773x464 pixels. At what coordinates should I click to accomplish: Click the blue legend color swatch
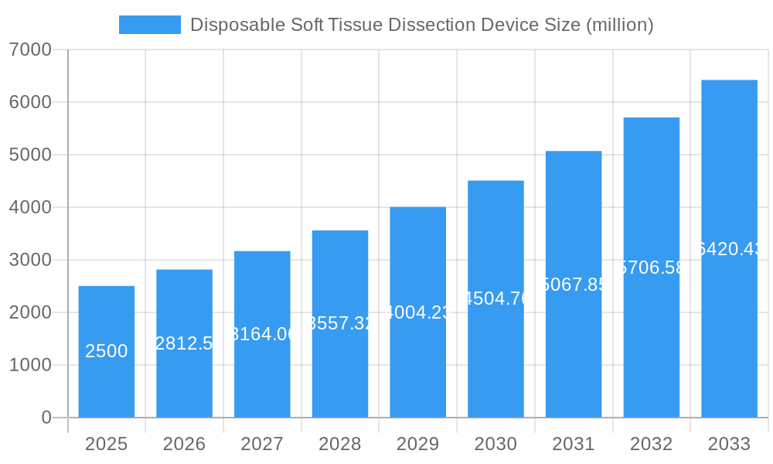click(x=149, y=25)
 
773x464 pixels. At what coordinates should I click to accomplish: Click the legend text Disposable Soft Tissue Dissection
click(x=421, y=25)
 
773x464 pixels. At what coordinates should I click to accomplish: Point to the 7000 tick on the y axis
click(x=30, y=50)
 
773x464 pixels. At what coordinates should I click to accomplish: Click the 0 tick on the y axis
click(x=46, y=418)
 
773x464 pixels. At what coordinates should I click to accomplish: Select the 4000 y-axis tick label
click(x=30, y=207)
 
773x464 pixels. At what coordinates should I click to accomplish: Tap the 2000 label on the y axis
click(x=30, y=312)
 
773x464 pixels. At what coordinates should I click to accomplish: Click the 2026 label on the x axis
click(x=184, y=444)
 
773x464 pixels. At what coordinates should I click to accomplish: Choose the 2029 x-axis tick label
click(x=417, y=444)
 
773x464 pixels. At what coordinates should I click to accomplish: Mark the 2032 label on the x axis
click(x=651, y=444)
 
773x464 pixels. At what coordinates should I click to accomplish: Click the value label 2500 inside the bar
click(x=107, y=351)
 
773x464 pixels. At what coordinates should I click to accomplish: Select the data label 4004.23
click(x=417, y=312)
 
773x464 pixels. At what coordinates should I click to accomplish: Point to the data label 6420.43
click(x=729, y=249)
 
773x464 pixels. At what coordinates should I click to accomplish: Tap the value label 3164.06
click(x=262, y=334)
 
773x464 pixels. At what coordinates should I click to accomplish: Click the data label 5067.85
click(x=574, y=285)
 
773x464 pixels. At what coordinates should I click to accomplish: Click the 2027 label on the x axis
click(x=262, y=444)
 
